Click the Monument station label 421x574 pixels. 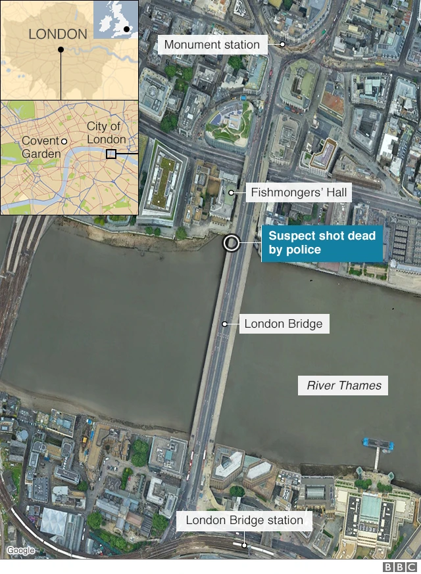[212, 45]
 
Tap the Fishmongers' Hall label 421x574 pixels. [299, 193]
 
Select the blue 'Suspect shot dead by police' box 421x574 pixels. [322, 242]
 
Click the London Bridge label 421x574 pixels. [283, 323]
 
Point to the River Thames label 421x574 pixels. [344, 386]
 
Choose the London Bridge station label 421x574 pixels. [244, 521]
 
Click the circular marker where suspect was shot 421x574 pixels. [231, 243]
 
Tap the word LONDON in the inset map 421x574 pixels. [58, 34]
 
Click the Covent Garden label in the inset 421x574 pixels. [41, 147]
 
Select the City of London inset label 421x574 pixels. [106, 133]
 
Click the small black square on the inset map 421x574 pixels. [111, 154]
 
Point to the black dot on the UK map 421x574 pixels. [126, 30]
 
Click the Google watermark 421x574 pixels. [20, 550]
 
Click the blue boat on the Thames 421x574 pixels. [378, 444]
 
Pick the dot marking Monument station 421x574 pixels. [282, 45]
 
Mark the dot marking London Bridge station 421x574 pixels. [244, 544]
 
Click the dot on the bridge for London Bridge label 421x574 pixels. [224, 323]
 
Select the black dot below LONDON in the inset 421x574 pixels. [61, 49]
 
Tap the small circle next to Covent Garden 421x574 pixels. [64, 141]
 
